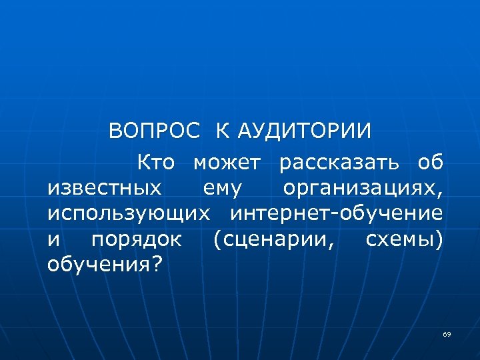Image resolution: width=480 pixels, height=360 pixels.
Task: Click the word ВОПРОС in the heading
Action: coord(154,130)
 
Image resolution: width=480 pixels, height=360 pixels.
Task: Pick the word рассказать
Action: coord(339,163)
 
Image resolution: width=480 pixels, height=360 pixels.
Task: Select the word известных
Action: coord(105,188)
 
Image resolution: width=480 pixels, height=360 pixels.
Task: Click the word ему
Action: coord(222,189)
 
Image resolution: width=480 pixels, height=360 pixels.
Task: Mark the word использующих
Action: coord(129,214)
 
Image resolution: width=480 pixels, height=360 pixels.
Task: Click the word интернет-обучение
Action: coord(337,214)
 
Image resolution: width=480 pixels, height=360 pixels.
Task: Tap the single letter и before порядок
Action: coord(54,240)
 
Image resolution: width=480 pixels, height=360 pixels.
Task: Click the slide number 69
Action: coord(447,333)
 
